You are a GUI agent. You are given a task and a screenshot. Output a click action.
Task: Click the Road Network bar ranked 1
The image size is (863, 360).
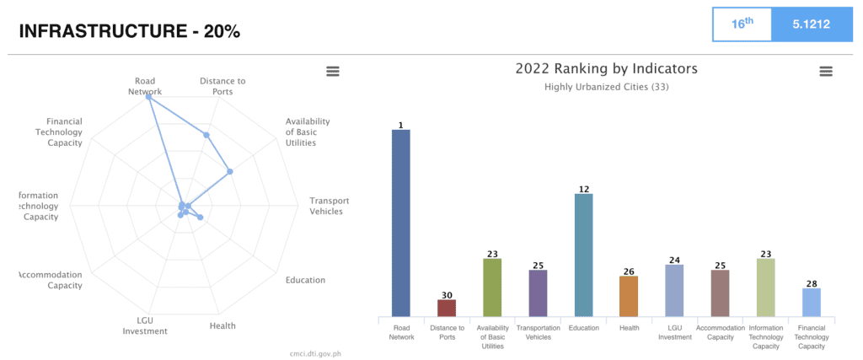coord(401,223)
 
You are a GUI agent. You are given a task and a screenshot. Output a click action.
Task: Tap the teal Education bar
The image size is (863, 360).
coord(583,255)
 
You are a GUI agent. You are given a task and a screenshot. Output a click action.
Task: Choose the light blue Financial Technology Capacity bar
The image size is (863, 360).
coord(811,303)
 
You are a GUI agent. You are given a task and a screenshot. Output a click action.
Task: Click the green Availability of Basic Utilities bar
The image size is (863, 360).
coord(492,287)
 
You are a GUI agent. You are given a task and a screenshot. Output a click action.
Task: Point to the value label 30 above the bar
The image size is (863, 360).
coord(447,295)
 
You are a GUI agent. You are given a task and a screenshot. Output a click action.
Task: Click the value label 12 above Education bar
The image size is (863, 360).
coord(583,189)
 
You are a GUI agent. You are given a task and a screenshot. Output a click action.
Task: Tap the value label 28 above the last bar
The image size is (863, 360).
coord(811,283)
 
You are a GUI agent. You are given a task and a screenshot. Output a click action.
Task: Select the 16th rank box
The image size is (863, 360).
coord(742,24)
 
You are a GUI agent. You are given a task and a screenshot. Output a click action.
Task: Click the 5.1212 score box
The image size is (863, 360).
coord(812,24)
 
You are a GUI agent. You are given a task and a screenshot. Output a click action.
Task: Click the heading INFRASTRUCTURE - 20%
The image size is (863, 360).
coord(129,31)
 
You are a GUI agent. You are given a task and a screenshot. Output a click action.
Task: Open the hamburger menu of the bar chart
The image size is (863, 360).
coord(825,72)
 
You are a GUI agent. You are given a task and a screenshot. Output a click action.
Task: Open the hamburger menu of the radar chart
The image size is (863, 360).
coord(333,72)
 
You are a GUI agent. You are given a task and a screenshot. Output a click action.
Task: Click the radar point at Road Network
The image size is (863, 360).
coord(149,97)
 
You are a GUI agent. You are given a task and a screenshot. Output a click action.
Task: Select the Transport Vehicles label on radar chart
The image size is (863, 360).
coord(329,206)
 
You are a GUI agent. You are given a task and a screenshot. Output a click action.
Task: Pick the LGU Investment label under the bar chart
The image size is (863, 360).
coord(673,332)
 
